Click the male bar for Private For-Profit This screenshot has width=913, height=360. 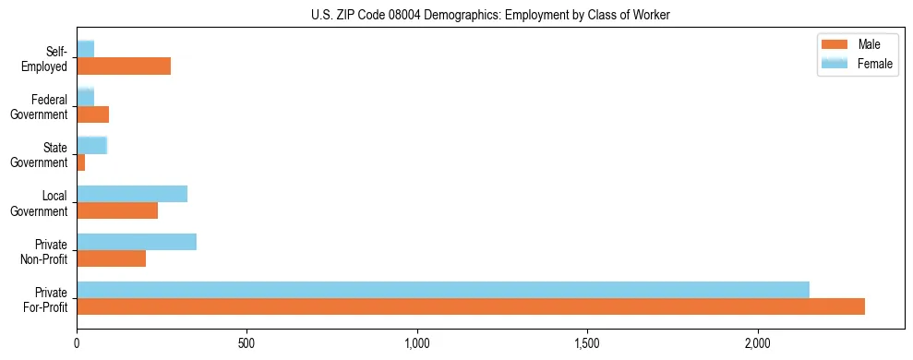click(471, 306)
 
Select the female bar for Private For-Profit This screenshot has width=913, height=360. click(443, 290)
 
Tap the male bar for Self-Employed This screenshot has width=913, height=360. click(124, 66)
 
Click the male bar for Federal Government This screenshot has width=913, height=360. click(93, 114)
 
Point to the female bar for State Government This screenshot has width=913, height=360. click(92, 146)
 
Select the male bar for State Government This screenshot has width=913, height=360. click(81, 162)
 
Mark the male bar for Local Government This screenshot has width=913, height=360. click(117, 210)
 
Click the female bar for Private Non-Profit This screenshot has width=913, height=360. click(137, 242)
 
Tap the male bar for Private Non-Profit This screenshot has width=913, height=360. click(112, 258)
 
